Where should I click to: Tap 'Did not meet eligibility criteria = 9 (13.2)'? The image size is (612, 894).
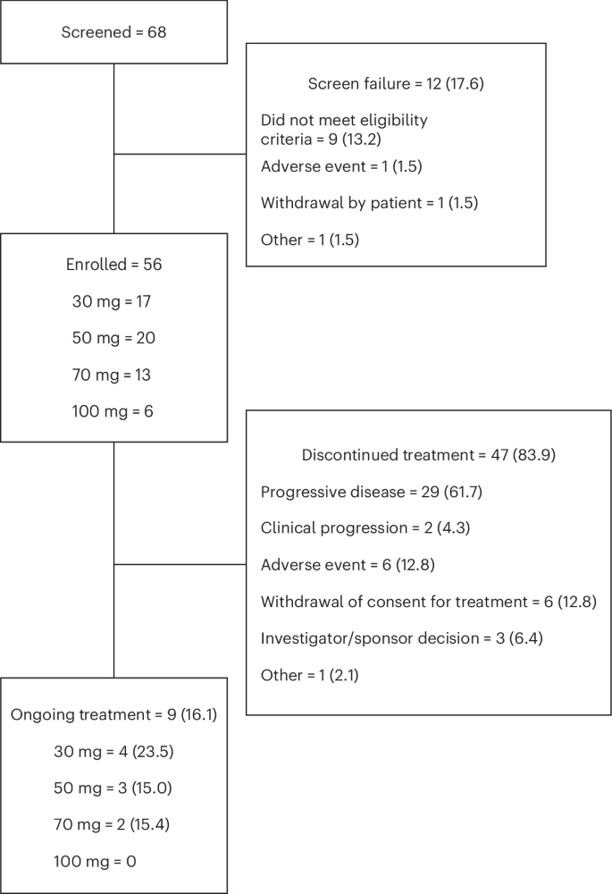344,129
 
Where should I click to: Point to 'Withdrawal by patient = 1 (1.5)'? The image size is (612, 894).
369,203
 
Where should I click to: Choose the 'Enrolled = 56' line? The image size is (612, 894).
113,265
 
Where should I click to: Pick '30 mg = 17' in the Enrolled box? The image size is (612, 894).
112,301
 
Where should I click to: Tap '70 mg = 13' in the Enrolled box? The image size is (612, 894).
112,375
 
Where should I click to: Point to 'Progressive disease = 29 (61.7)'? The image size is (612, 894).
373,492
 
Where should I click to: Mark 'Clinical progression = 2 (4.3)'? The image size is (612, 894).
365,528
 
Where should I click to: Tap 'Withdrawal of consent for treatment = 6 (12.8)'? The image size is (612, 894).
428,602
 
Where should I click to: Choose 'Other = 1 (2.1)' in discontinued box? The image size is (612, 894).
309,675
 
